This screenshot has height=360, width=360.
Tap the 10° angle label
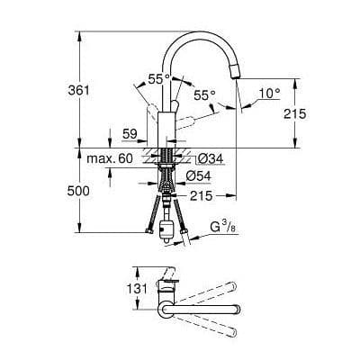click(269, 93)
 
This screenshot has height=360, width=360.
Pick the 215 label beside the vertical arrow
click(319, 113)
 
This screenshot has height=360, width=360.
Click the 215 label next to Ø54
click(200, 193)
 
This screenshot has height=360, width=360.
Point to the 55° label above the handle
click(159, 79)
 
